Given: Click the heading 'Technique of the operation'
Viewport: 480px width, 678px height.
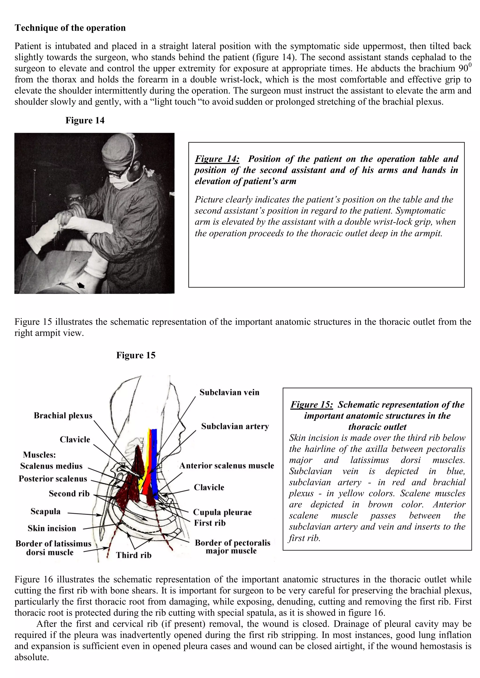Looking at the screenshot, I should [70, 28].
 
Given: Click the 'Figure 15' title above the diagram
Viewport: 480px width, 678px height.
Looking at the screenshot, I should [136, 355].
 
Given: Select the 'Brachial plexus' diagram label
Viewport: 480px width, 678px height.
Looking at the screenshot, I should [63, 416].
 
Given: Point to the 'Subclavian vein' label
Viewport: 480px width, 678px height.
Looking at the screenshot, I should [229, 392].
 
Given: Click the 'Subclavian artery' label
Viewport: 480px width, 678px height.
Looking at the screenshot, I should [235, 426].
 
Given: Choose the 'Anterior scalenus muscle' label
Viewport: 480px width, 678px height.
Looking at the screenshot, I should [227, 465].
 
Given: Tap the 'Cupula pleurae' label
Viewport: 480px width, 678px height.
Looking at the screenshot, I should [222, 512].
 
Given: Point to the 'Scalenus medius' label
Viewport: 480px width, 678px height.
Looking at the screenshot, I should [51, 466].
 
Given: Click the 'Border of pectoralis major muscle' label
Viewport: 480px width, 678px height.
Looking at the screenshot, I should [232, 547].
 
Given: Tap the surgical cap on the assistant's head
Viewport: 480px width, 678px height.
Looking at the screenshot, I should [117, 151].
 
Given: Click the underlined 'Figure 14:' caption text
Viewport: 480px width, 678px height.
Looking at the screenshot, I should [217, 159].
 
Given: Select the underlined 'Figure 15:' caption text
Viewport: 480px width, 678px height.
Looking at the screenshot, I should [311, 404].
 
